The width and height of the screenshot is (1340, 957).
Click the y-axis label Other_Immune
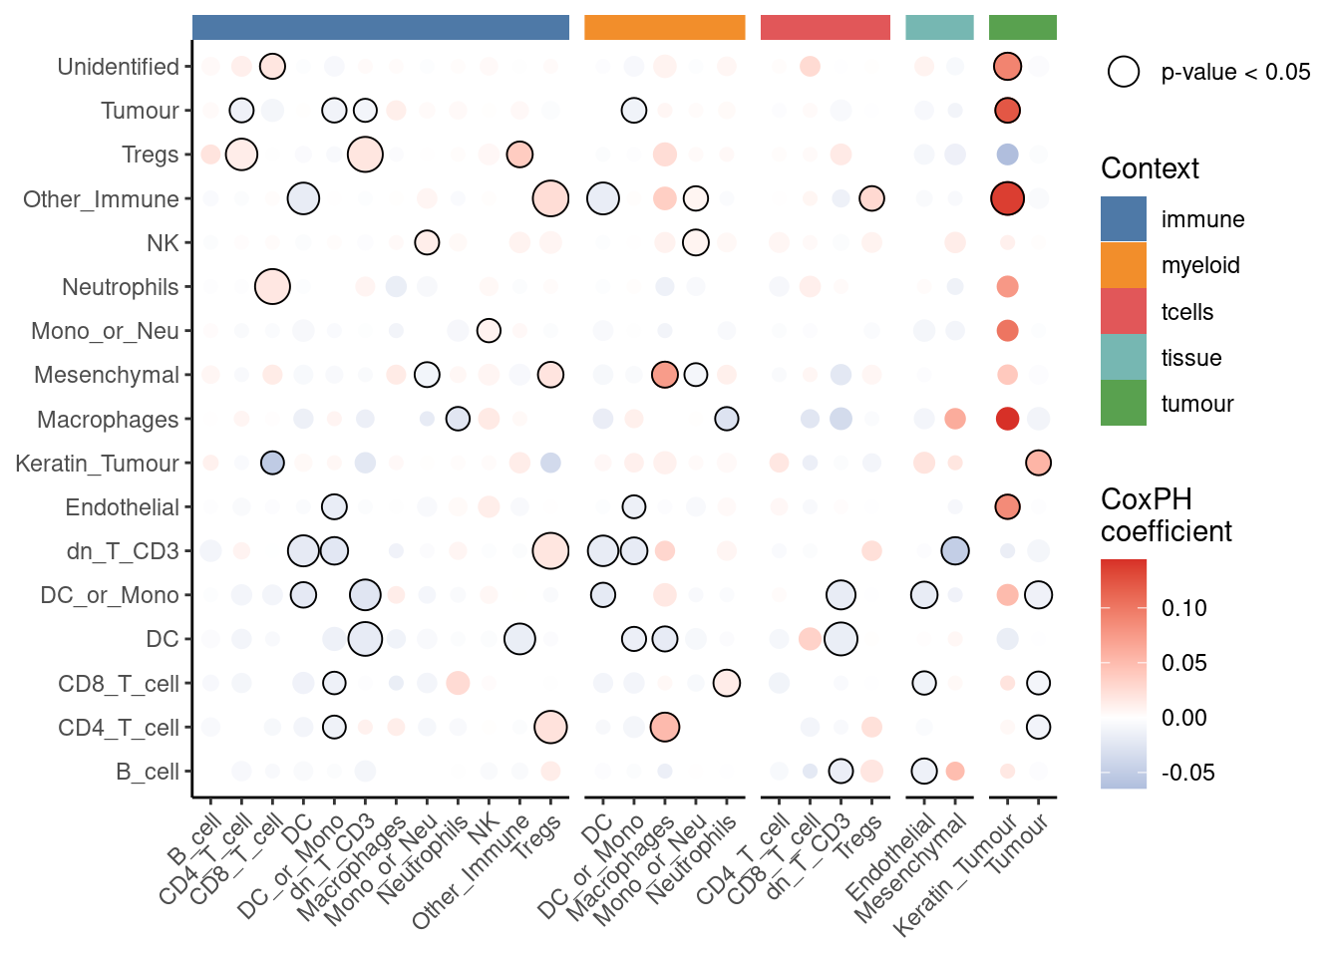point(101,199)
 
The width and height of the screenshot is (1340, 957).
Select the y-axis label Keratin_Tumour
point(97,464)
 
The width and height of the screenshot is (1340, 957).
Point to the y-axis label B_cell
point(147,772)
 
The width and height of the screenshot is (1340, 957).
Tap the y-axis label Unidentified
point(118,67)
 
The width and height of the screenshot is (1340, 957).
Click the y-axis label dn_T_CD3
point(123,551)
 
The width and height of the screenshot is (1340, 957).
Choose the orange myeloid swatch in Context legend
point(1123,265)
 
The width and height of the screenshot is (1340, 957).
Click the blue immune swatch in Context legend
point(1123,219)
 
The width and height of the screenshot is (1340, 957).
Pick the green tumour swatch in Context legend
point(1123,404)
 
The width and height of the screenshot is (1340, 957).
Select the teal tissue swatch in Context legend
point(1123,358)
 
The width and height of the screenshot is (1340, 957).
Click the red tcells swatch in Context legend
point(1123,312)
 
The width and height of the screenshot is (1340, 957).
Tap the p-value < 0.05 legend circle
point(1124,72)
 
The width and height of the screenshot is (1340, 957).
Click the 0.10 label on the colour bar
point(1183,608)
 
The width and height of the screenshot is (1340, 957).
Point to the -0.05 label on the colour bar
point(1187,773)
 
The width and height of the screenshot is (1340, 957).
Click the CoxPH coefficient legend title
point(1166,515)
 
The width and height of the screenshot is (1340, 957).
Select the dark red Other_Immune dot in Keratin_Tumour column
point(1007,198)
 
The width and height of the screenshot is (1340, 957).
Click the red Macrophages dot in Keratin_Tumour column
point(1007,419)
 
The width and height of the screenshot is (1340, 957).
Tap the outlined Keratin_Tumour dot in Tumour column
point(1038,463)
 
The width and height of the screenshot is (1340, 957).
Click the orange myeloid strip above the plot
point(664,28)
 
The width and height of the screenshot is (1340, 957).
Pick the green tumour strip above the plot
point(1022,28)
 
